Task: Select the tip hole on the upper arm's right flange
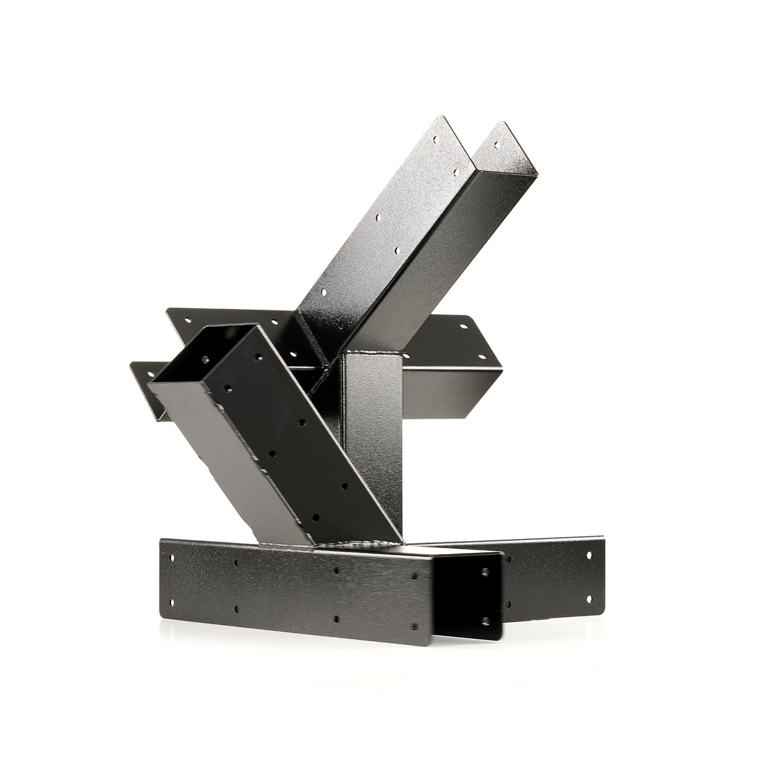[x=496, y=142]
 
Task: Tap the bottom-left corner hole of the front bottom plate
[x=171, y=599]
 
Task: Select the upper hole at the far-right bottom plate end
[x=588, y=555]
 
